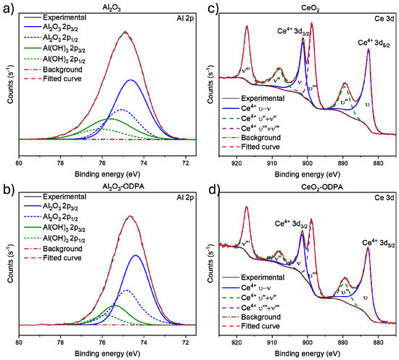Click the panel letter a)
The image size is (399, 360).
pyautogui.click(x=7, y=8)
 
